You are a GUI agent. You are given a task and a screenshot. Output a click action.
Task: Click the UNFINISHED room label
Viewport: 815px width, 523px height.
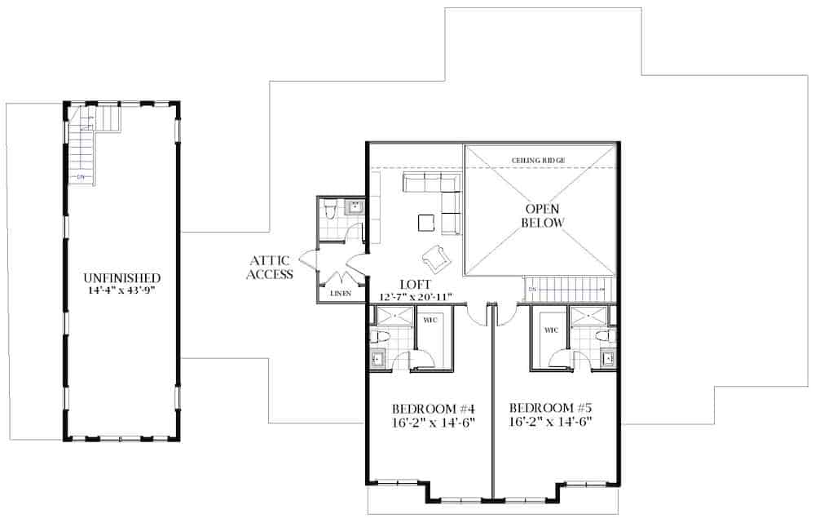point(121,277)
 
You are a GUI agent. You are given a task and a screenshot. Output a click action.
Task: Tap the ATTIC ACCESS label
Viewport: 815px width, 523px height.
point(271,268)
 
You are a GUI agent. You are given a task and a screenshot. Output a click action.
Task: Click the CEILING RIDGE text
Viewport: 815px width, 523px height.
point(538,160)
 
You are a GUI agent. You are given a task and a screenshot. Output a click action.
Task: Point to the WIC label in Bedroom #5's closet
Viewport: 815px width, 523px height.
point(551,330)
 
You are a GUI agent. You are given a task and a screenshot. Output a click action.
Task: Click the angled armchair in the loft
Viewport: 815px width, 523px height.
point(435,257)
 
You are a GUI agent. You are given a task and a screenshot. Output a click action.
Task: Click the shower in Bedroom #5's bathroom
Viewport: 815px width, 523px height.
point(584,317)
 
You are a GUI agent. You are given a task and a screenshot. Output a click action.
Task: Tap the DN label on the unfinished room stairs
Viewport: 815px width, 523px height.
point(81,176)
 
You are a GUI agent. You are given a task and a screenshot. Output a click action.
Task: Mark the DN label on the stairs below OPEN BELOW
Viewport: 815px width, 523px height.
point(531,289)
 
